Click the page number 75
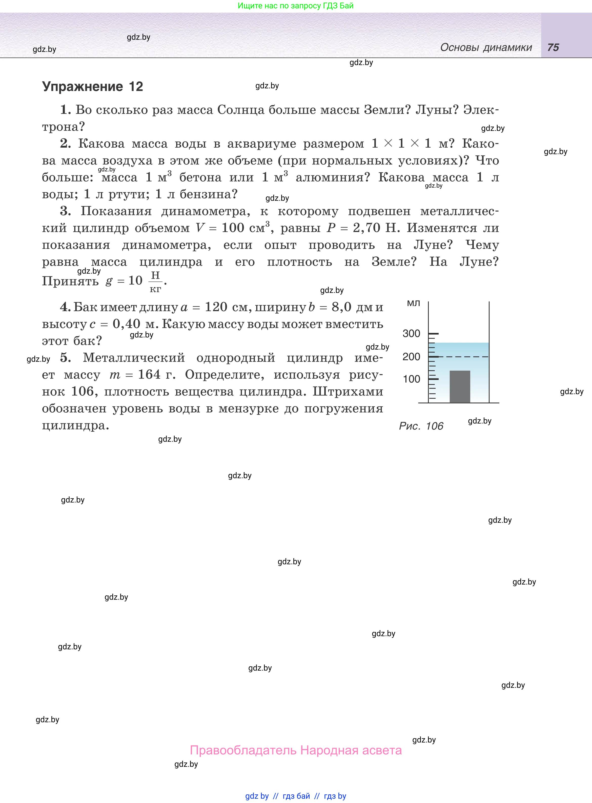coord(553,47)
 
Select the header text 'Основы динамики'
coord(486,47)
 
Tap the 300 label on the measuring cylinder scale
coord(411,334)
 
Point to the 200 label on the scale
coord(411,357)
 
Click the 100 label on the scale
coord(411,379)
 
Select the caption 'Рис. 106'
coord(421,426)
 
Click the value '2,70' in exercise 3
coord(366,228)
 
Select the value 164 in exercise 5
coord(149,374)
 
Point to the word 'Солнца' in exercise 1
coord(240,110)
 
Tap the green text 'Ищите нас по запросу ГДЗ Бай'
coord(296,6)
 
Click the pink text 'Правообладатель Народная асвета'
coord(296,750)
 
